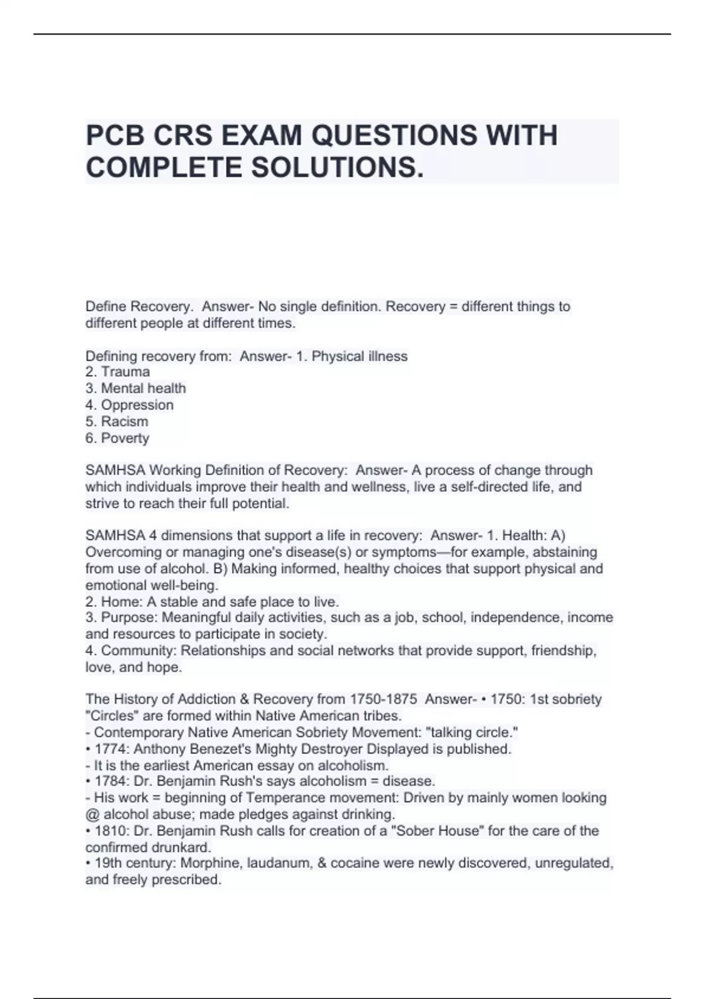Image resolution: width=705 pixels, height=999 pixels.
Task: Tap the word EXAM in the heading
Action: click(263, 136)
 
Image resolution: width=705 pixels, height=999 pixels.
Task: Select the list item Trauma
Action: click(125, 372)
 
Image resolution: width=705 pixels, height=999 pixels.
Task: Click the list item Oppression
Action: click(137, 405)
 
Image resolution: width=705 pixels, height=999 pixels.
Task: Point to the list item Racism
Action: click(125, 421)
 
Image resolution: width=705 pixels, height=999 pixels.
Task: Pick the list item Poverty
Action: click(125, 438)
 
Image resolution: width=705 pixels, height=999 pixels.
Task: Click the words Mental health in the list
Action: click(143, 388)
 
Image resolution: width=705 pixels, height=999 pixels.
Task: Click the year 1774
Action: click(112, 749)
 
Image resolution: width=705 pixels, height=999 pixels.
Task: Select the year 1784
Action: click(112, 782)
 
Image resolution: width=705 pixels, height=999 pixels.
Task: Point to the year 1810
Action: click(112, 831)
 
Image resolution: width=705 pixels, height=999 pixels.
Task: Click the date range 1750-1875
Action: click(384, 699)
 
